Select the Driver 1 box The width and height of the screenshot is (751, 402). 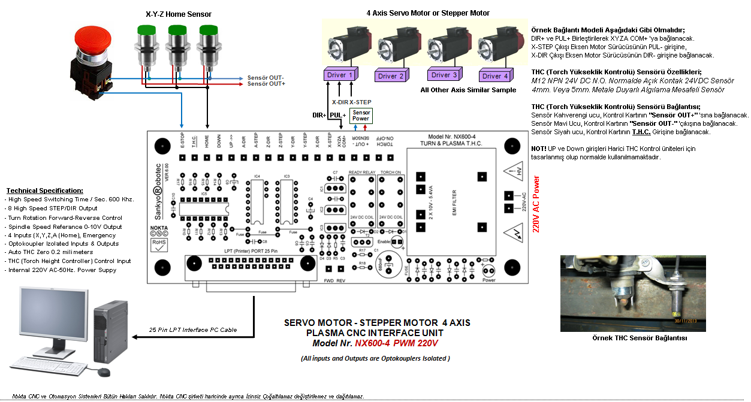tap(339, 75)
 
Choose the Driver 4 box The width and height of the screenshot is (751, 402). tap(495, 76)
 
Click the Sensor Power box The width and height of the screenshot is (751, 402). tap(361, 115)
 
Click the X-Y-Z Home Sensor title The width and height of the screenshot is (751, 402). tap(179, 14)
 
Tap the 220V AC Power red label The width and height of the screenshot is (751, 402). tap(536, 204)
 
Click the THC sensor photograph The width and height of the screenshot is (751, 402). tap(632, 293)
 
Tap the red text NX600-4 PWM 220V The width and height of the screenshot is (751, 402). tap(396, 343)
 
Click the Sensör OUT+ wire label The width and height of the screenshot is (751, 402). tap(266, 84)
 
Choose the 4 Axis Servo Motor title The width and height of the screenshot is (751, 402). tap(428, 13)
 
